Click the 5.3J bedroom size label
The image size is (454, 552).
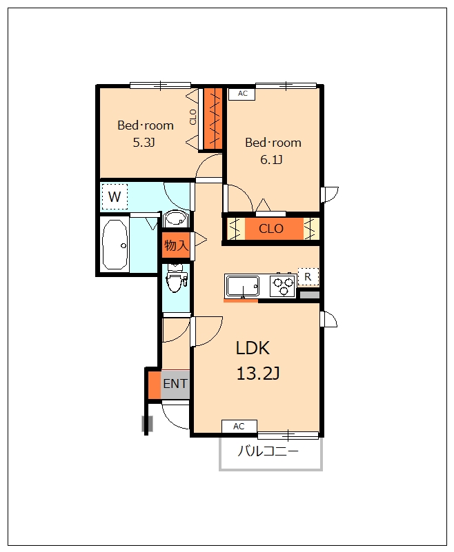[144, 143]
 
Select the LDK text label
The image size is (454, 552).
[253, 347]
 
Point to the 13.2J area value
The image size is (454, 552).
[257, 374]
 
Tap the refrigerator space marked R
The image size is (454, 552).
[308, 276]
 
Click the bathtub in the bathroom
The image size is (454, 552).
[115, 245]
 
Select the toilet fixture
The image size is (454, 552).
[177, 278]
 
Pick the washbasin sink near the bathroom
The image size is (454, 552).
[175, 221]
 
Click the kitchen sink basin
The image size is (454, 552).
[242, 285]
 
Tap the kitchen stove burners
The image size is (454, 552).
[283, 285]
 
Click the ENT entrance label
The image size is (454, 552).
[175, 384]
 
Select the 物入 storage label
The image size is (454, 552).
[175, 245]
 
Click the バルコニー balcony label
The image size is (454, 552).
[268, 452]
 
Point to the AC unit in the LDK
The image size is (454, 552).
[239, 427]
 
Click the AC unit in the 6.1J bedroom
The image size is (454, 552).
[242, 93]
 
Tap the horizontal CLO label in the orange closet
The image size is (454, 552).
[270, 229]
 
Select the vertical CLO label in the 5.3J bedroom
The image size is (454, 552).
[193, 117]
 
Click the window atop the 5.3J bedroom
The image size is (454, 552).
[160, 85]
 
